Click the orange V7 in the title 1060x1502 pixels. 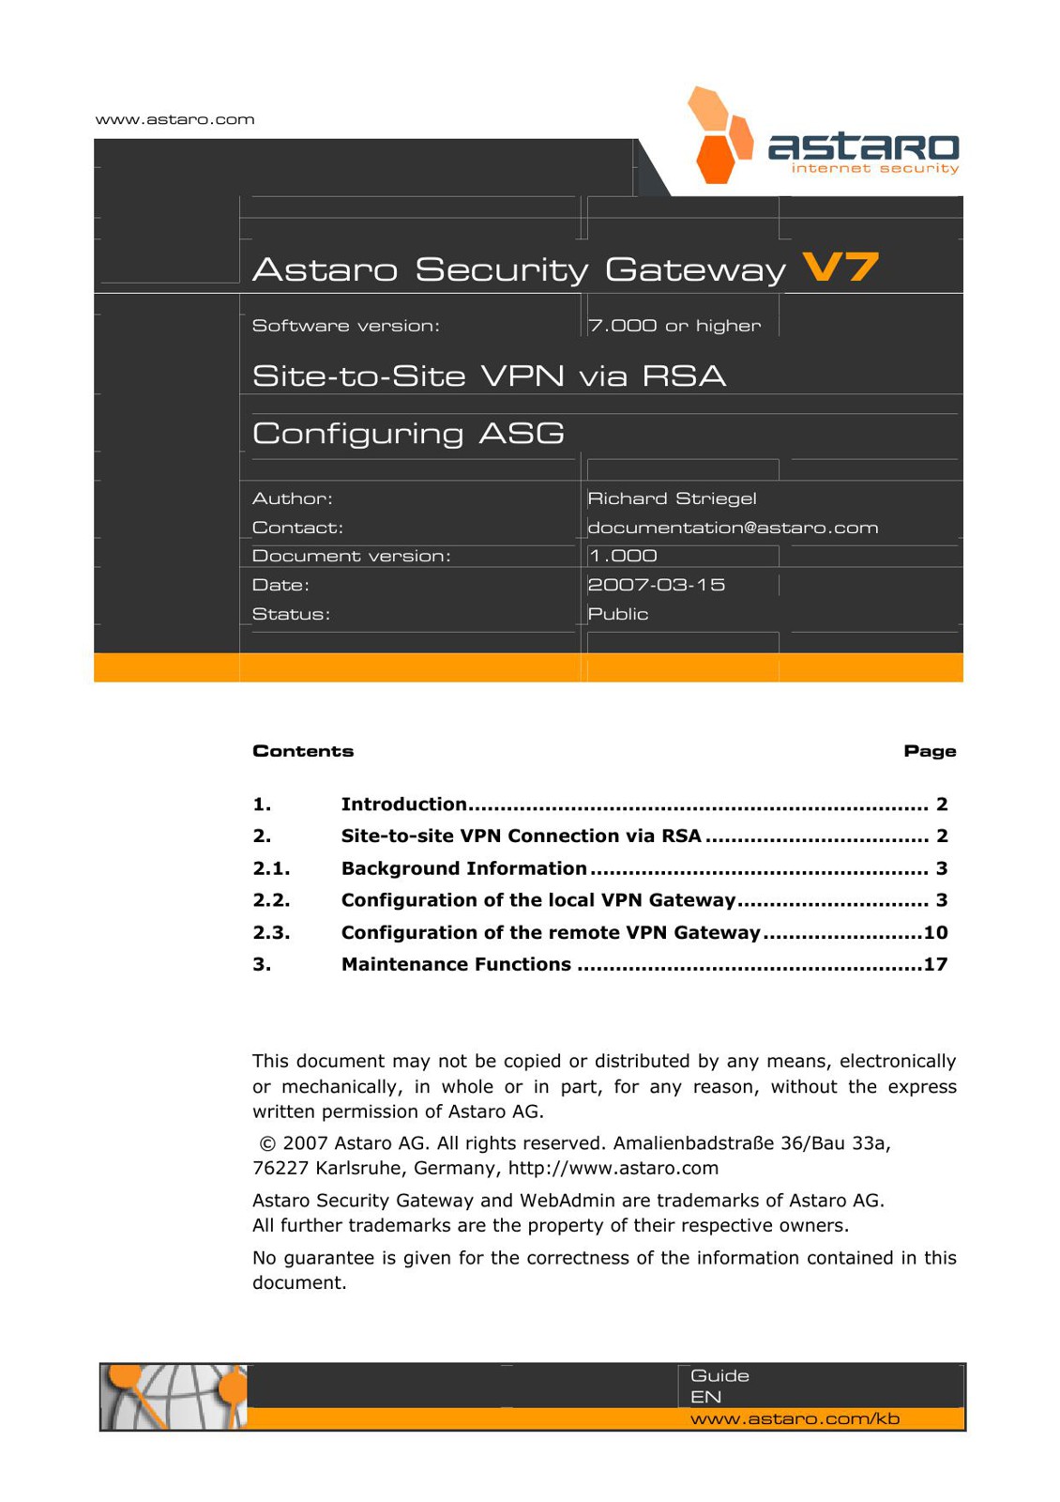click(840, 268)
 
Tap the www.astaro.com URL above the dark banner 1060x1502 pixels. click(175, 119)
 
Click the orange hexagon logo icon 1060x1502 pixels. click(719, 137)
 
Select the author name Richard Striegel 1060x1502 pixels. click(672, 498)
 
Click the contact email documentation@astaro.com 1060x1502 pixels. click(733, 528)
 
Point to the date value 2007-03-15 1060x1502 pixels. click(656, 585)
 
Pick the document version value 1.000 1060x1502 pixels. click(623, 556)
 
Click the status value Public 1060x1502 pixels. click(618, 614)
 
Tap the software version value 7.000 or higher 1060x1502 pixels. click(674, 326)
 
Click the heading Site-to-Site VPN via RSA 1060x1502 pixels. click(489, 375)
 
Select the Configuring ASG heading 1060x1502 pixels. click(408, 433)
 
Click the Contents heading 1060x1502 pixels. click(303, 751)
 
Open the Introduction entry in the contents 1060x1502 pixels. click(403, 805)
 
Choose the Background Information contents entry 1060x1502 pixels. click(463, 868)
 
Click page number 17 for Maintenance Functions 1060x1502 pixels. click(935, 964)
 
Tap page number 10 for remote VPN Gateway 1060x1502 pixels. click(935, 932)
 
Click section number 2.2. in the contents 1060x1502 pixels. click(271, 900)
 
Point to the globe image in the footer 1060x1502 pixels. click(174, 1397)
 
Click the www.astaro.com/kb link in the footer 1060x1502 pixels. click(795, 1418)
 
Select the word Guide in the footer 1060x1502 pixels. click(719, 1375)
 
